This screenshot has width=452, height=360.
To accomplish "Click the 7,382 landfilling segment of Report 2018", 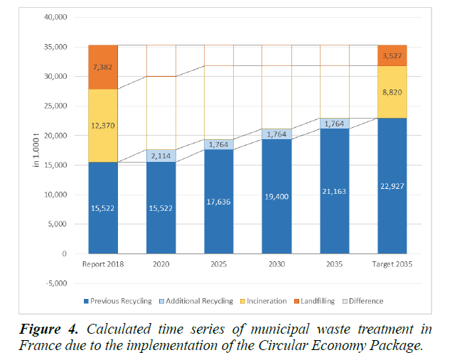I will (x=103, y=67).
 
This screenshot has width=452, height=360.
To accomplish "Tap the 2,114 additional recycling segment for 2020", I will (x=161, y=156).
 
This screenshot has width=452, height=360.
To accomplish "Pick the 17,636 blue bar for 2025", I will (x=218, y=201).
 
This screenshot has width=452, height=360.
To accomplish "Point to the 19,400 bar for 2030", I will (x=276, y=196).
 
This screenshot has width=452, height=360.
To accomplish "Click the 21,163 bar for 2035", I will (x=334, y=191).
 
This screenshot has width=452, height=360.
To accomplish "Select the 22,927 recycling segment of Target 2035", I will (x=392, y=186).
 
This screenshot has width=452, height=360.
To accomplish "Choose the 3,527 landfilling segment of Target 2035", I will (x=392, y=55).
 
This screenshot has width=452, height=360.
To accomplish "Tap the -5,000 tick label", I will (x=53, y=283).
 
